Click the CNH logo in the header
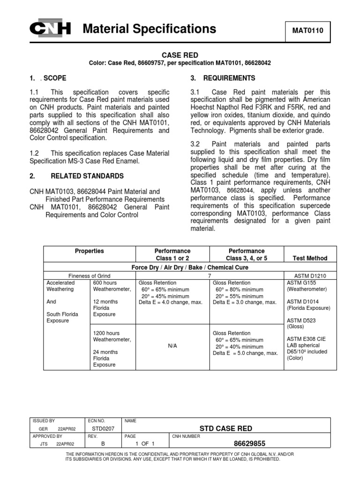[50, 30]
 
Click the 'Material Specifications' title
[149, 29]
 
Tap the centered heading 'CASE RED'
[180, 55]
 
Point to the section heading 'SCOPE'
[55, 78]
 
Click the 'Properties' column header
[90, 251]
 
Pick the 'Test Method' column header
[310, 258]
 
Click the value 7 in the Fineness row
[209, 276]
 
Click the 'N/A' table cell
[172, 346]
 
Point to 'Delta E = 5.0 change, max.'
[245, 353]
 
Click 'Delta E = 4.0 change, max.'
[171, 302]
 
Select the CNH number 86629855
[246, 443]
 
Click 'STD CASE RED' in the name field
[226, 428]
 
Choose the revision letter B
[102, 443]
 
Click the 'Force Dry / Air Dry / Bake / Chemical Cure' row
[189, 267]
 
